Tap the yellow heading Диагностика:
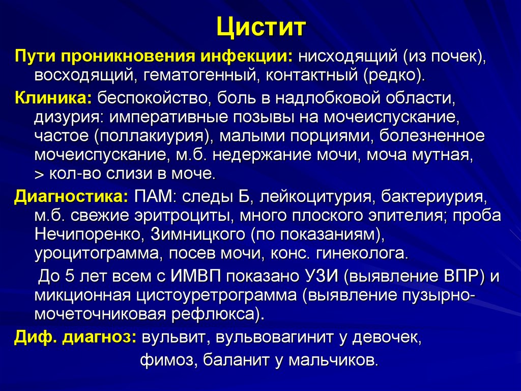coord(71,196)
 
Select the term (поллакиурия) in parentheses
coord(153,136)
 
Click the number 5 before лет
coord(71,276)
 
